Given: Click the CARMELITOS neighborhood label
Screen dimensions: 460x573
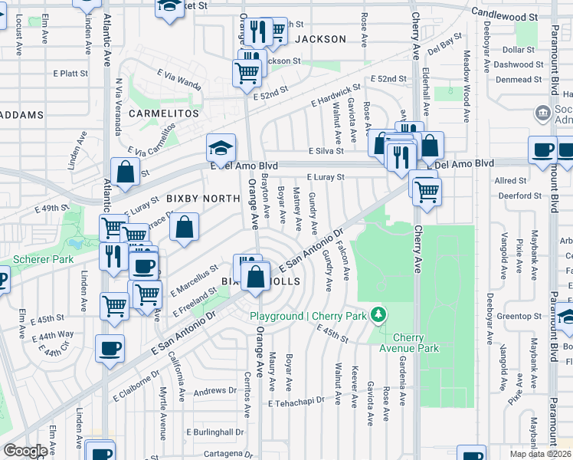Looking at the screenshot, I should tap(163, 113).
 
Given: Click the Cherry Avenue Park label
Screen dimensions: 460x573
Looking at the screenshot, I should tap(415, 343).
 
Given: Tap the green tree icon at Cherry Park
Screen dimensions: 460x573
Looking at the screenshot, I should tap(377, 314).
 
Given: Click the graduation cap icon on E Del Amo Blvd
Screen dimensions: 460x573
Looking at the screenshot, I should tap(220, 148).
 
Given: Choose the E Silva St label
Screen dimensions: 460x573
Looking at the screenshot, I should tap(326, 151).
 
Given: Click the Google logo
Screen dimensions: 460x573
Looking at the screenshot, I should tap(25, 450).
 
